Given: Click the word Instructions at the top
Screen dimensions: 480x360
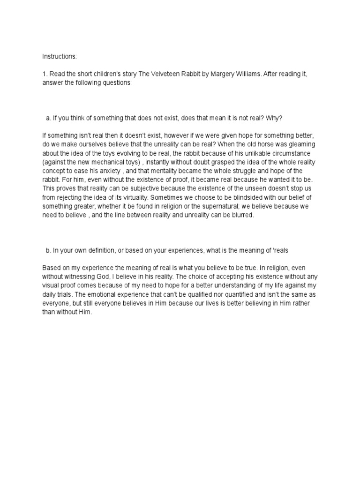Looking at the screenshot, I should click(59, 56).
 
